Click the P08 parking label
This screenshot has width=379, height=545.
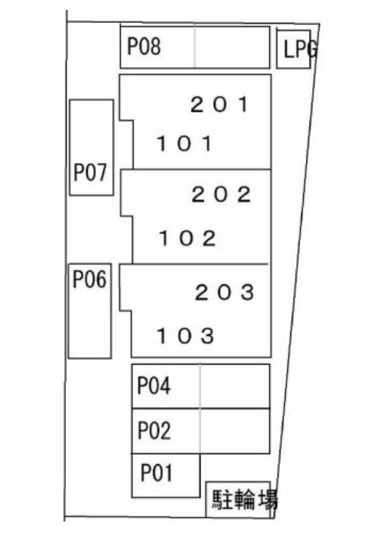(x=144, y=46)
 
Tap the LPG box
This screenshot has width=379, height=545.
(x=293, y=49)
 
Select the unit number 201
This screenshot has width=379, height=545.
(x=220, y=105)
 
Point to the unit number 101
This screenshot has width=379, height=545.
(x=184, y=143)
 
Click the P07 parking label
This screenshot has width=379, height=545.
(x=90, y=172)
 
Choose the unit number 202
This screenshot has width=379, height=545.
(x=221, y=194)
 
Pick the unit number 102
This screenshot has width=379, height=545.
(x=187, y=239)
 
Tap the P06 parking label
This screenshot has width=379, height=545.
(x=89, y=279)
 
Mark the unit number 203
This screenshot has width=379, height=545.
(x=224, y=293)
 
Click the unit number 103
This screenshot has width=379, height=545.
(x=185, y=336)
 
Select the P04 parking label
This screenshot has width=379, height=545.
(x=154, y=386)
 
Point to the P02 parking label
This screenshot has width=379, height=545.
(x=154, y=431)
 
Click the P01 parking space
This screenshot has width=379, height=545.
(x=166, y=475)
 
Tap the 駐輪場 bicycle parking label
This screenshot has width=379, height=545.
(x=245, y=500)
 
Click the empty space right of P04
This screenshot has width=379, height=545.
(x=235, y=386)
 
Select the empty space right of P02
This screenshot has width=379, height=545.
(x=235, y=431)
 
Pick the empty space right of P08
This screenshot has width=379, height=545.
(x=232, y=47)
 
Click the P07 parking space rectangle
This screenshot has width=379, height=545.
(x=92, y=148)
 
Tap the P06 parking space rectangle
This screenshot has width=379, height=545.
(x=89, y=311)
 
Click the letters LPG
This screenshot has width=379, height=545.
(x=300, y=49)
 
